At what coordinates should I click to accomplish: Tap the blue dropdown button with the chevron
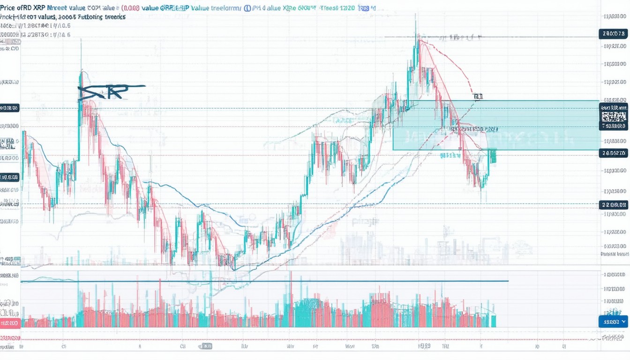click(613, 322)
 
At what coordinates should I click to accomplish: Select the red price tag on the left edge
click(9, 323)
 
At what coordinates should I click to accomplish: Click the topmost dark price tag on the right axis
click(613, 33)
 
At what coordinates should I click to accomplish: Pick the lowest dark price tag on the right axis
click(613, 204)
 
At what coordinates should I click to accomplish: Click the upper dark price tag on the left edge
click(9, 108)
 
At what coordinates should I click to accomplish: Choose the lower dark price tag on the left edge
click(9, 177)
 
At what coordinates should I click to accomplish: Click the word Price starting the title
click(9, 8)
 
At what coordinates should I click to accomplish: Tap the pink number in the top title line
click(133, 8)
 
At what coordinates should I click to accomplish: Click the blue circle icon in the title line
click(247, 8)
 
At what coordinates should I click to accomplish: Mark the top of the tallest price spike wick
click(415, 15)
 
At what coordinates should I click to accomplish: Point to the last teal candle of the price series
click(493, 156)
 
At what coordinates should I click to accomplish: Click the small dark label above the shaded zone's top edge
click(478, 97)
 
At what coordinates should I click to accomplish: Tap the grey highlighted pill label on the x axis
click(205, 346)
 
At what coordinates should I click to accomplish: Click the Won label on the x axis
click(350, 347)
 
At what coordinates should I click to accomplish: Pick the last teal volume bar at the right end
click(494, 321)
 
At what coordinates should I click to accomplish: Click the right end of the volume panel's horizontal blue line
click(508, 281)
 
